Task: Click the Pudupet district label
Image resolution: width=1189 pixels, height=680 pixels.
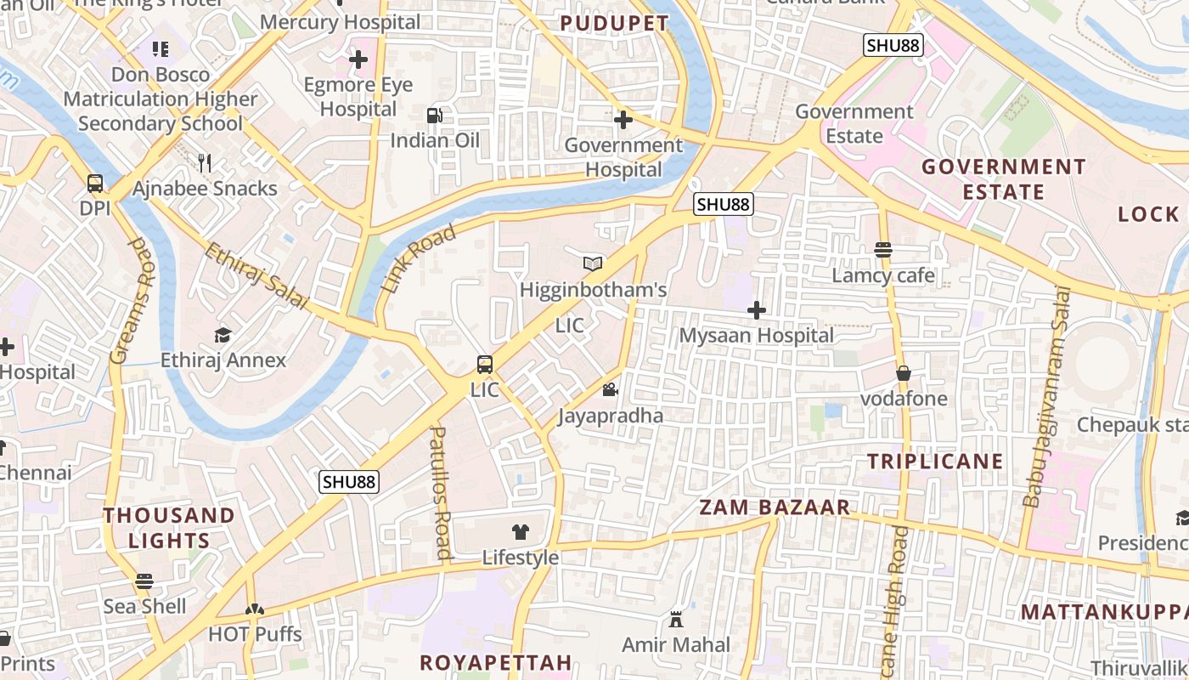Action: (x=614, y=23)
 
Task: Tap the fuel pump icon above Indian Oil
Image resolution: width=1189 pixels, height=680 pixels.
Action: (x=434, y=115)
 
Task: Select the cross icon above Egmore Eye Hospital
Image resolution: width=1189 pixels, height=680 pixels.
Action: (x=358, y=59)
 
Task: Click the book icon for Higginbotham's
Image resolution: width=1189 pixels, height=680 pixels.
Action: (x=593, y=264)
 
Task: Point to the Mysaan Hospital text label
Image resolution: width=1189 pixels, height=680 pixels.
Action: (x=756, y=336)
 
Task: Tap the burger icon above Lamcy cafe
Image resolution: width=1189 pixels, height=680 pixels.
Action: (x=883, y=249)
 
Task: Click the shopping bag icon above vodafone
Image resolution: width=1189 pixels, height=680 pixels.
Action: (x=904, y=373)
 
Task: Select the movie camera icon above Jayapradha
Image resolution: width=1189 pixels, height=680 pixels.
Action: (x=610, y=390)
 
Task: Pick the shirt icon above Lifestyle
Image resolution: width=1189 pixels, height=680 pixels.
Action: (x=521, y=532)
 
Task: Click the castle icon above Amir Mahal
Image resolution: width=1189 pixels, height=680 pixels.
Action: (x=676, y=620)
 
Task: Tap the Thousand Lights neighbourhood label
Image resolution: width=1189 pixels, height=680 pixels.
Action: (x=169, y=528)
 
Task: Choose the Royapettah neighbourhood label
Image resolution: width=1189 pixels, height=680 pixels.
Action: (x=496, y=662)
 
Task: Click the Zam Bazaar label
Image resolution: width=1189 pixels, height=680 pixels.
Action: (x=774, y=507)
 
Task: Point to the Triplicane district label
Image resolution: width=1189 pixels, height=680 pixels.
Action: (x=935, y=462)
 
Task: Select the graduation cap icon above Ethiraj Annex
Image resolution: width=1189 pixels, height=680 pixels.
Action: (x=223, y=335)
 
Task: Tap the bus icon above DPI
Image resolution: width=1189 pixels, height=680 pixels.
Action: (x=95, y=184)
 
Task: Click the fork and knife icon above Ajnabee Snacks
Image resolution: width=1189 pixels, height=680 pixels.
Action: (x=204, y=162)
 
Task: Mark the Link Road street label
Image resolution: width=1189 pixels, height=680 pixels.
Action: (x=419, y=259)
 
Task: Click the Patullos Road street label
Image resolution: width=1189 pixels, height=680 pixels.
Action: (x=440, y=493)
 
